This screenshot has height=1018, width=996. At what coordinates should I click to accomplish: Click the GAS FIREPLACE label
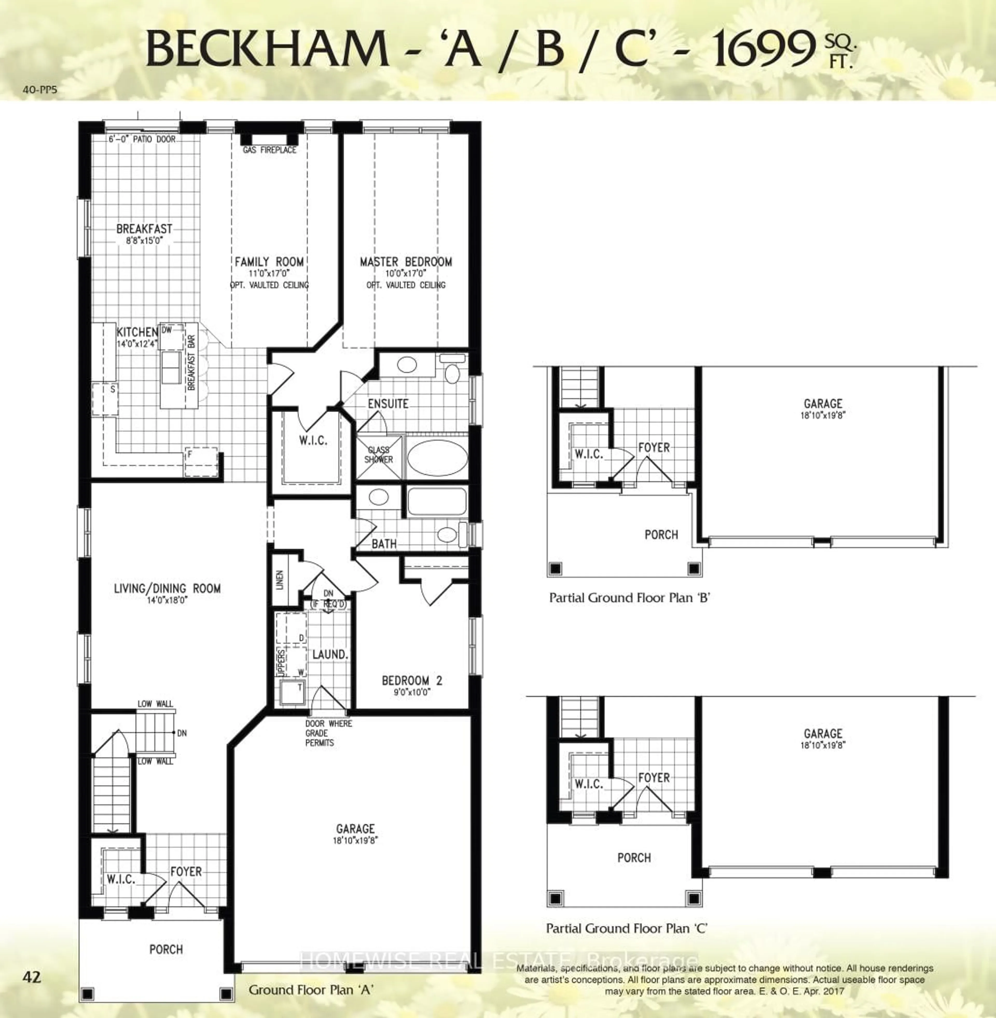(x=269, y=150)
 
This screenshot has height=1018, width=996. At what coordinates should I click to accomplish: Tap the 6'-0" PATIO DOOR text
(x=142, y=140)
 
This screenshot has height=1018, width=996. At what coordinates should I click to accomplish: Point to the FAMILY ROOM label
(x=269, y=262)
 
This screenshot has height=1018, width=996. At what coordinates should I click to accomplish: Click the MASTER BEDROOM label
(x=406, y=262)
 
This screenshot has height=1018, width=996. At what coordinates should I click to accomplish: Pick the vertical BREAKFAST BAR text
(x=191, y=362)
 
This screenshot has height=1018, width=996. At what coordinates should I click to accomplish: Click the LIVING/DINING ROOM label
(x=167, y=588)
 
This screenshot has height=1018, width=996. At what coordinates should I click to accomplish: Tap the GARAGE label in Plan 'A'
(x=356, y=829)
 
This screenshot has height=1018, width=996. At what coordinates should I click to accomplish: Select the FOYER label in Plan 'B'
(x=654, y=448)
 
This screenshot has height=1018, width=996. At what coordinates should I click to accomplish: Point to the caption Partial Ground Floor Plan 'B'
(x=629, y=598)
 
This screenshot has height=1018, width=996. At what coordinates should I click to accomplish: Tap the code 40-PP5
(x=40, y=90)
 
